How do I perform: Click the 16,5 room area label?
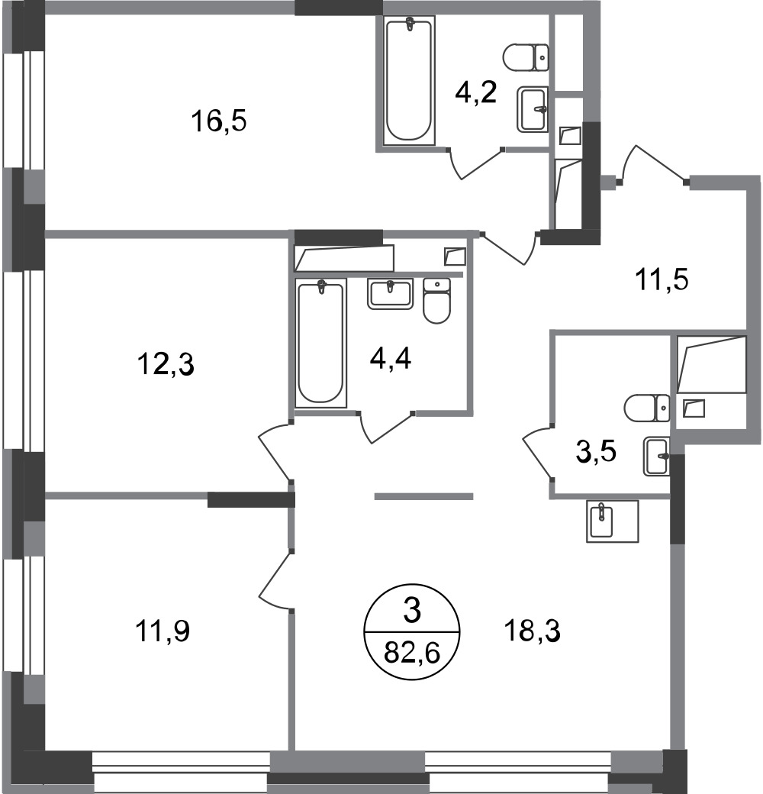[218, 122]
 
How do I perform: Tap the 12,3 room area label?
[166, 364]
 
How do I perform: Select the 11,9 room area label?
[163, 631]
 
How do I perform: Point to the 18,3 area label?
[532, 631]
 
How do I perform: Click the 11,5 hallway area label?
[662, 280]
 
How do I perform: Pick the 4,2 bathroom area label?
[475, 93]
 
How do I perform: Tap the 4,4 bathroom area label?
[391, 359]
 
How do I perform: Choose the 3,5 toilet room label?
[596, 451]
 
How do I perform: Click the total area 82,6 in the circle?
[412, 652]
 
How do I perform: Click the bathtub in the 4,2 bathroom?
[409, 80]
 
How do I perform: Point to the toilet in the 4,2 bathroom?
[526, 56]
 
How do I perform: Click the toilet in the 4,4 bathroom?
[436, 301]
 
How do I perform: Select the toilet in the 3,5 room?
[647, 408]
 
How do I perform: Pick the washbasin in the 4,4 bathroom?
[390, 294]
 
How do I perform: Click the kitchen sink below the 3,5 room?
[612, 521]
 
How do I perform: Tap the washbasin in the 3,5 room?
[656, 457]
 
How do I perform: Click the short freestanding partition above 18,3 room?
[423, 497]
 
